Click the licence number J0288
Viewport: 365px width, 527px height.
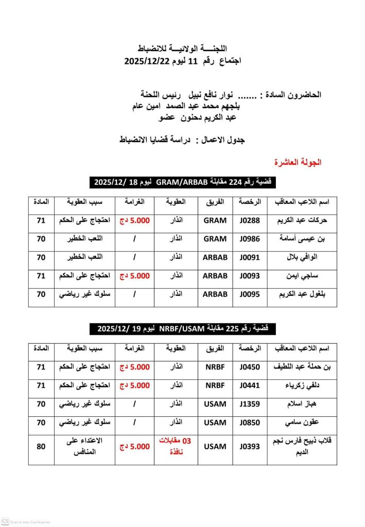coord(250,220)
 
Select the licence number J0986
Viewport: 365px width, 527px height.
coord(250,239)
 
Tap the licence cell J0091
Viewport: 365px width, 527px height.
coord(250,257)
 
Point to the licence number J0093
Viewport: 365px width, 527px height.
coord(250,276)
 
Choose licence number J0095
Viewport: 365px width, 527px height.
coord(250,294)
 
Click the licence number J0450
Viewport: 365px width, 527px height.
coord(250,367)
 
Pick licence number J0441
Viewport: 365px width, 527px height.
coord(250,385)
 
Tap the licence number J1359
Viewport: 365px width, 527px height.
coord(250,404)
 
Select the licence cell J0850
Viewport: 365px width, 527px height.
coord(250,423)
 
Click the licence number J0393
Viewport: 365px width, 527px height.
coord(250,447)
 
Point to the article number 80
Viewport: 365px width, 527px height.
coord(41,447)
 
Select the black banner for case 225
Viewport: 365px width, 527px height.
coord(183,328)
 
